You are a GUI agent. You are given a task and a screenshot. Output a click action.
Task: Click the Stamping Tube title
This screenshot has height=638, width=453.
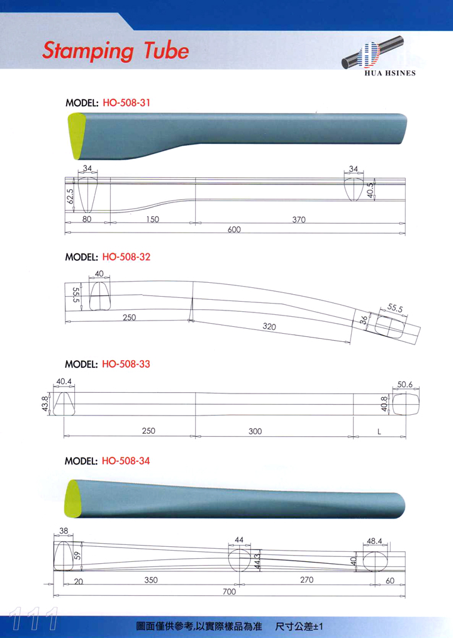click(x=116, y=51)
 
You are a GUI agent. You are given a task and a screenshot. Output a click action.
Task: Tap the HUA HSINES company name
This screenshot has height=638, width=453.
click(x=390, y=74)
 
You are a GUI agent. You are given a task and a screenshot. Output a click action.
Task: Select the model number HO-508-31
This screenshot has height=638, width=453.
click(x=126, y=102)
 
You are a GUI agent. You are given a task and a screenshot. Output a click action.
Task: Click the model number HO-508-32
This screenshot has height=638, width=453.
click(x=126, y=256)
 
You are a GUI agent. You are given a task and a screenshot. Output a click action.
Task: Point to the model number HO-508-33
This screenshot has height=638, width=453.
click(x=126, y=364)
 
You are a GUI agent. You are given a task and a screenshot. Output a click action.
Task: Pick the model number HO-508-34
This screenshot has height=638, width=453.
click(x=126, y=461)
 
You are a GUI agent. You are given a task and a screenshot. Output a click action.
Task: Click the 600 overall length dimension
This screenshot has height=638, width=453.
click(x=234, y=229)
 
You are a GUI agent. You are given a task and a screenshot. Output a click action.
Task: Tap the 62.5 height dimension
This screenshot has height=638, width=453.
click(x=70, y=196)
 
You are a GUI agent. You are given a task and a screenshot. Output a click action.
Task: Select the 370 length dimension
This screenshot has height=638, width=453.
click(x=299, y=220)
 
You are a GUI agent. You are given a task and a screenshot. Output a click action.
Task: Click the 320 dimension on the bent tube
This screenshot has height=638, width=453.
click(x=269, y=326)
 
